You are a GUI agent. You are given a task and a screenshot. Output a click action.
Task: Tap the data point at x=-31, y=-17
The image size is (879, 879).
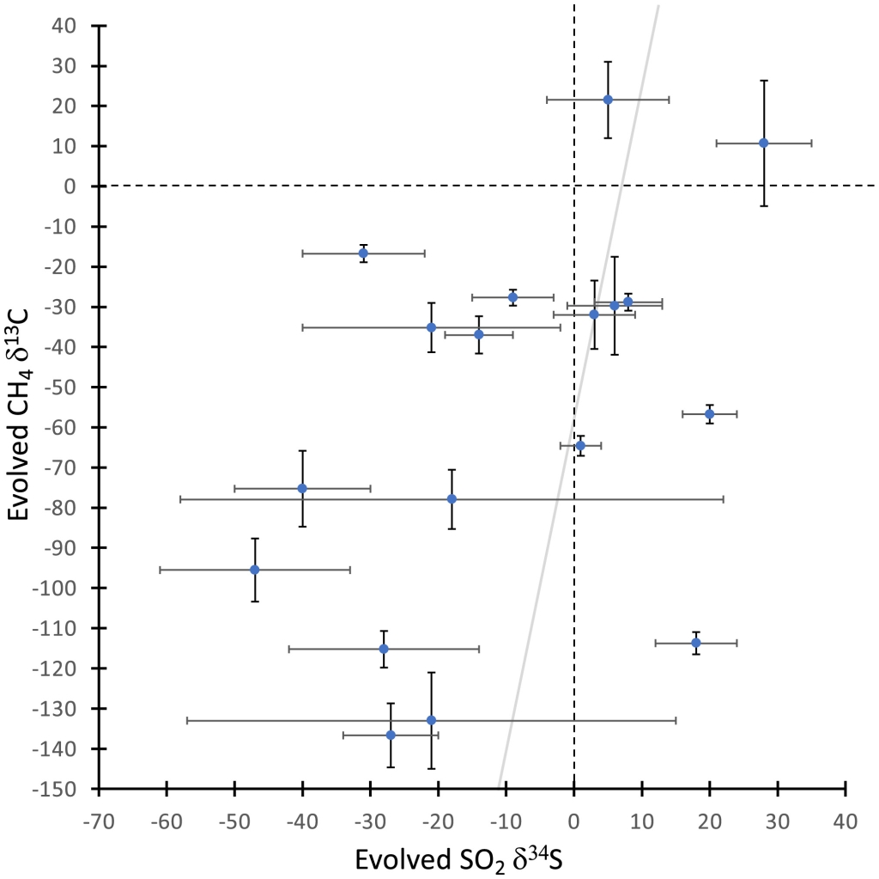363,253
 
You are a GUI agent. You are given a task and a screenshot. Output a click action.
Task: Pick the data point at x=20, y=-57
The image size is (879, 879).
709,414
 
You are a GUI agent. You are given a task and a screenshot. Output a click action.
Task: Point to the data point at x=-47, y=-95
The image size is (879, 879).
254,570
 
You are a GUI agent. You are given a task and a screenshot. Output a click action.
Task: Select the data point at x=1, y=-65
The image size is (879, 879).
580,445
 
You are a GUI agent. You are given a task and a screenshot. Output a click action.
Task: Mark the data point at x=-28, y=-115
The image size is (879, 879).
384,649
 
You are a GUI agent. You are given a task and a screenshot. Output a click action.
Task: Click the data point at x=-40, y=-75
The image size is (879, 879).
302,488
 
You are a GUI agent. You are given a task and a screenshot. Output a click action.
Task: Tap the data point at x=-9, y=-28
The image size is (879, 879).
512,297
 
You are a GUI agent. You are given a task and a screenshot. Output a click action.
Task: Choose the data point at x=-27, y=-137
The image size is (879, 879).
391,735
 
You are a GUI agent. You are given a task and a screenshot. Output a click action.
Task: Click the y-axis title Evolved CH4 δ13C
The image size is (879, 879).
27,406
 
